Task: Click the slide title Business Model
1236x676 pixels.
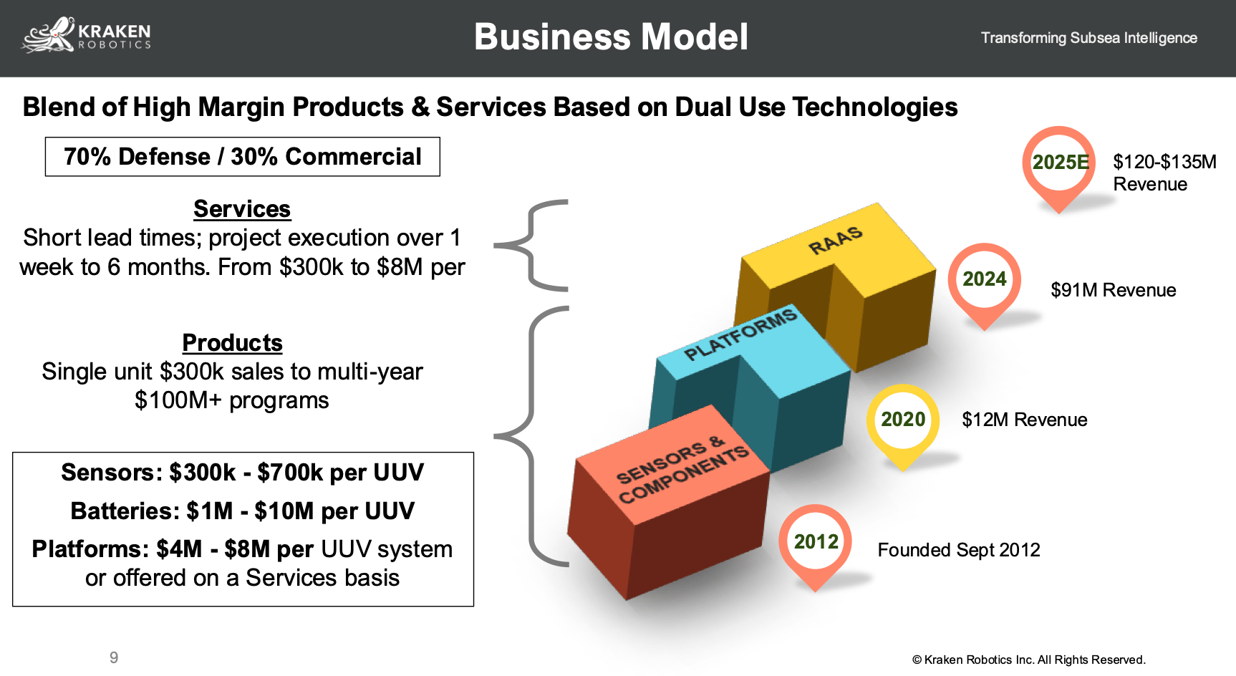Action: pos(611,37)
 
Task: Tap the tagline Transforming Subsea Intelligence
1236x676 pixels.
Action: pos(1088,38)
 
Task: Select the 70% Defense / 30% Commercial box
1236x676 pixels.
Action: pos(243,157)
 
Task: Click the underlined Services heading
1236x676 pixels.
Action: pos(242,209)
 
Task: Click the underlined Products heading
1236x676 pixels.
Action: pos(232,343)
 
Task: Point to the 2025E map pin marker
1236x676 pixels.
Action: pos(1058,163)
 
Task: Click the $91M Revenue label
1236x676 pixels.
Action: pos(1113,290)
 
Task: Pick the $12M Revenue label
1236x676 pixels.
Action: pos(1024,420)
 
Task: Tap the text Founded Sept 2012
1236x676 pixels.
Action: pos(958,550)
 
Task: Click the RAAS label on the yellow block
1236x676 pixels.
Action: pos(835,241)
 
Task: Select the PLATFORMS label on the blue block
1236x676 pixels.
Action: pos(740,335)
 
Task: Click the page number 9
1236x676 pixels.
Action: pos(114,657)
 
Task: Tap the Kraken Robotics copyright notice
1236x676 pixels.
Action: pos(1028,660)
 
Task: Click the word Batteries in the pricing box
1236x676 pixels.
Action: pos(122,511)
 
